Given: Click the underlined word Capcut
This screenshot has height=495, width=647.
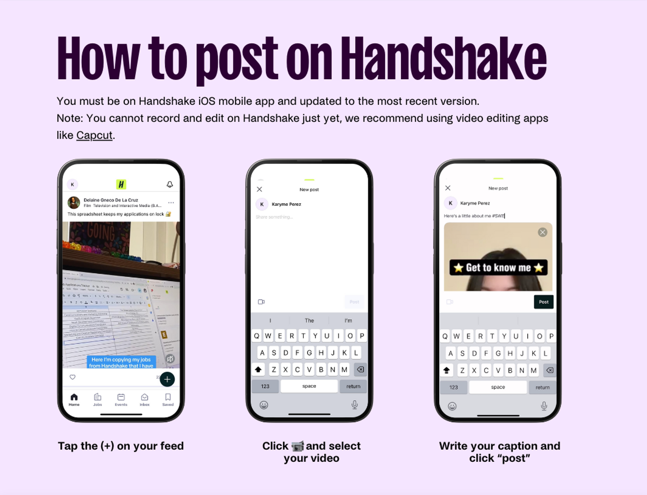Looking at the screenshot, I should pyautogui.click(x=94, y=135).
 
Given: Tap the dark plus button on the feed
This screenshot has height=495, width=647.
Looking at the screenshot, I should pyautogui.click(x=167, y=379).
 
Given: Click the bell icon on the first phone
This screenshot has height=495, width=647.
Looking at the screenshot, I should pyautogui.click(x=170, y=184).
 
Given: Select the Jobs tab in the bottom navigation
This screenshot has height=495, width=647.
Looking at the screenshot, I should pyautogui.click(x=97, y=399).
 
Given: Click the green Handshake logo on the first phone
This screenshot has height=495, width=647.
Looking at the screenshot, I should pyautogui.click(x=121, y=184).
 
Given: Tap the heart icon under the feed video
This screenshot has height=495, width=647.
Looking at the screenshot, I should pyautogui.click(x=73, y=377).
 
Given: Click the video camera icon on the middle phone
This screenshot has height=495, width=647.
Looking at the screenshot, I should pyautogui.click(x=261, y=302).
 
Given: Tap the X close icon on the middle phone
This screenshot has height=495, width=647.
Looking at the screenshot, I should pyautogui.click(x=260, y=189).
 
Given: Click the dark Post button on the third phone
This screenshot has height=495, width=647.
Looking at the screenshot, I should pyautogui.click(x=543, y=302).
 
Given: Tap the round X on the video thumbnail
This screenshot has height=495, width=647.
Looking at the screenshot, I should pyautogui.click(x=543, y=232).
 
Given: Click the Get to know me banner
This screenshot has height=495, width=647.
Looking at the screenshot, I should pyautogui.click(x=498, y=268).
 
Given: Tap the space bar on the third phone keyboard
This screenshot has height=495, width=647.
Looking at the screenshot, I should pyautogui.click(x=498, y=387).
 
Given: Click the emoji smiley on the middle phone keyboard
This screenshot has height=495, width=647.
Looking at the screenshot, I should pyautogui.click(x=264, y=405).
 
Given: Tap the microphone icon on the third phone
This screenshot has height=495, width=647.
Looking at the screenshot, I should pyautogui.click(x=544, y=406).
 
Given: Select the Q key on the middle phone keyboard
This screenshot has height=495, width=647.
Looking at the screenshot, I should pyautogui.click(x=257, y=336).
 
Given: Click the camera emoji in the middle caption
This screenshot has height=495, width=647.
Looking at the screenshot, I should pyautogui.click(x=297, y=446).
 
